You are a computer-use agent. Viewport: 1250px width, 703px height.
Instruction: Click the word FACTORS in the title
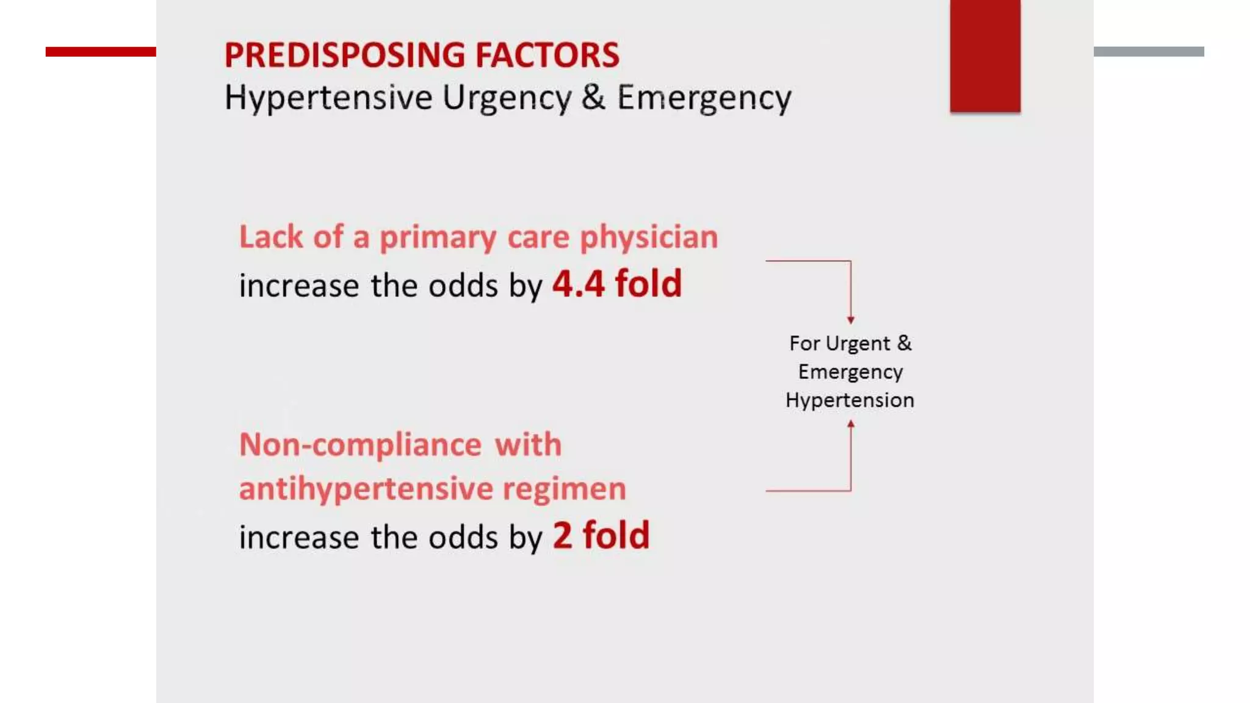[547, 55]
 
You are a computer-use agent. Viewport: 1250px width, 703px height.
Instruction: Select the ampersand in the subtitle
[593, 97]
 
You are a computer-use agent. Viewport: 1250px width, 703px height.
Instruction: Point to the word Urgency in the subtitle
[507, 98]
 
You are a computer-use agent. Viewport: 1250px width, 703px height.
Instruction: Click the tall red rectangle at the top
[984, 56]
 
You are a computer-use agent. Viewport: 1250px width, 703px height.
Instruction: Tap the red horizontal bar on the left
[101, 52]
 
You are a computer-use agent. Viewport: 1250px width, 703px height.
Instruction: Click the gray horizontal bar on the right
[1149, 52]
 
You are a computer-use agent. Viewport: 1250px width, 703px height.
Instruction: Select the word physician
[649, 237]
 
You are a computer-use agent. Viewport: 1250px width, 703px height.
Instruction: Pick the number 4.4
[578, 284]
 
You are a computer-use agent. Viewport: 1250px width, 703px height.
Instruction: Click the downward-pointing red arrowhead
[850, 320]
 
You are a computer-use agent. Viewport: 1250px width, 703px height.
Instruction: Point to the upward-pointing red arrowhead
[850, 424]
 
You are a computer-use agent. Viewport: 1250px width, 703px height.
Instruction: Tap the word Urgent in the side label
[858, 344]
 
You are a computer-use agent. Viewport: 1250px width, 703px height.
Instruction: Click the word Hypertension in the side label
[850, 400]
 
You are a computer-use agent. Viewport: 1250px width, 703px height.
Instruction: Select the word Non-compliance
[360, 444]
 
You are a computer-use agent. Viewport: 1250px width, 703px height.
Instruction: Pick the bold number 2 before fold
[562, 535]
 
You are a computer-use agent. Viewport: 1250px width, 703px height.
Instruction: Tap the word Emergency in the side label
[850, 372]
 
